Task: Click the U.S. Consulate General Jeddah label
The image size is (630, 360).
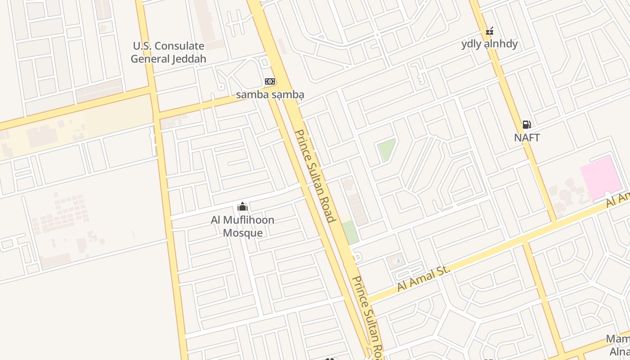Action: (168, 52)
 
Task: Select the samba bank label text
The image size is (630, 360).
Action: (270, 94)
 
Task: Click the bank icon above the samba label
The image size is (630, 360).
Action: (270, 81)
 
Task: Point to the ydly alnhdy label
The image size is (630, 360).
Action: (490, 44)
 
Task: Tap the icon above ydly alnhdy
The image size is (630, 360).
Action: (490, 31)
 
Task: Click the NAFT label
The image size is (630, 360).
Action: (526, 138)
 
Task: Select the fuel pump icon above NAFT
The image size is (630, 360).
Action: (526, 125)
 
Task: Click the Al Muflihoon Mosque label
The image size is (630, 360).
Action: (243, 226)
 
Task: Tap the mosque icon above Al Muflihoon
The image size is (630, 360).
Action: (243, 207)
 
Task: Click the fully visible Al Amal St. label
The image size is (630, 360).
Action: (423, 278)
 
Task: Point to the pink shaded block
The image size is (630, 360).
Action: (601, 178)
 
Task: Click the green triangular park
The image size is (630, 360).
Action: (386, 149)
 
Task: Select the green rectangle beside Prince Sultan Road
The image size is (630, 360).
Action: (350, 232)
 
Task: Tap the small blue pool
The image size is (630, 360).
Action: (396, 261)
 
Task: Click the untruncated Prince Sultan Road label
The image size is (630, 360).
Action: (315, 176)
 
